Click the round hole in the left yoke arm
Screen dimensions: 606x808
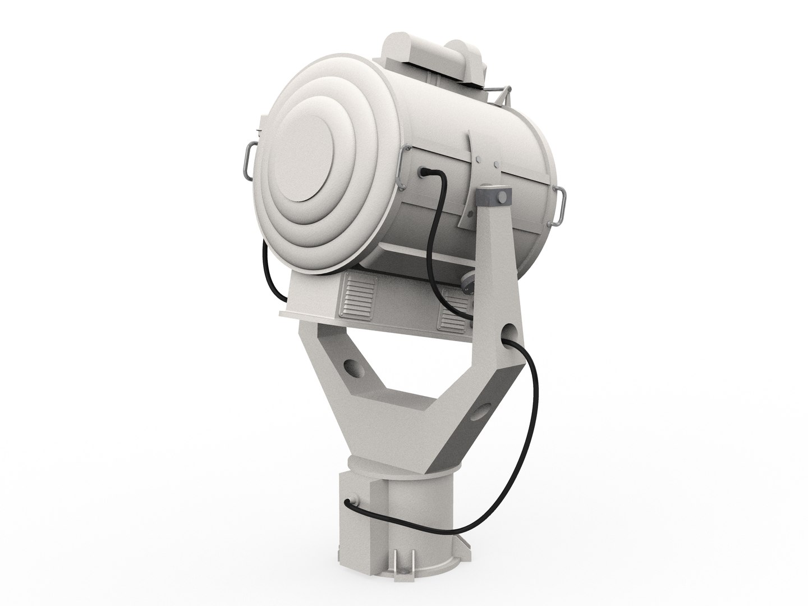tap(353, 368)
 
